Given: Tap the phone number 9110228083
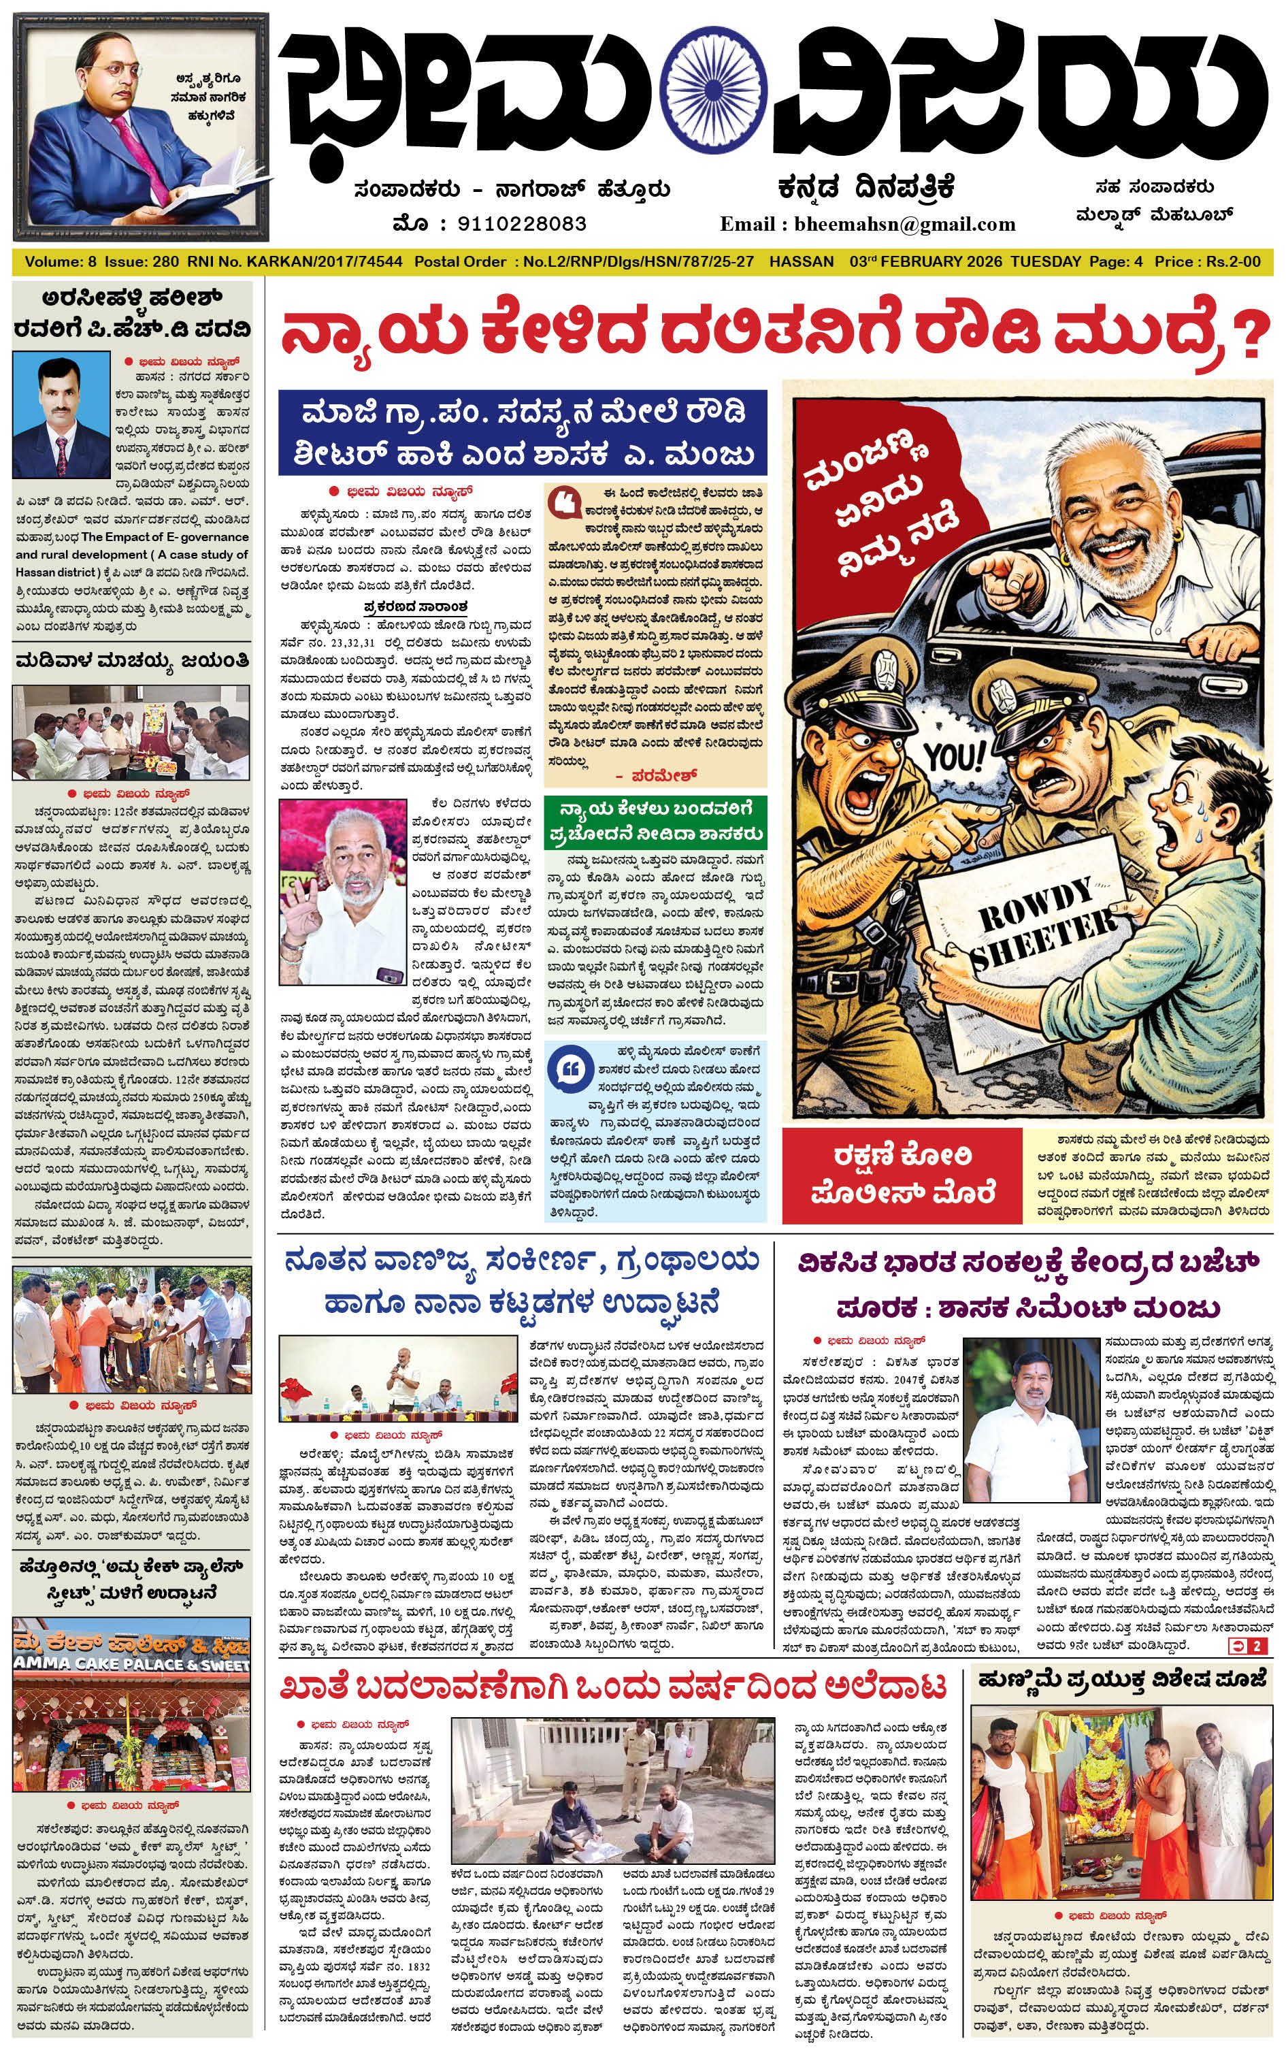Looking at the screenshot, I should [x=521, y=224].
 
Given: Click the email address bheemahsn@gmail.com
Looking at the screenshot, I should [x=904, y=225].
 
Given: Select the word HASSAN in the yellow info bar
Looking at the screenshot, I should [x=802, y=261].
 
